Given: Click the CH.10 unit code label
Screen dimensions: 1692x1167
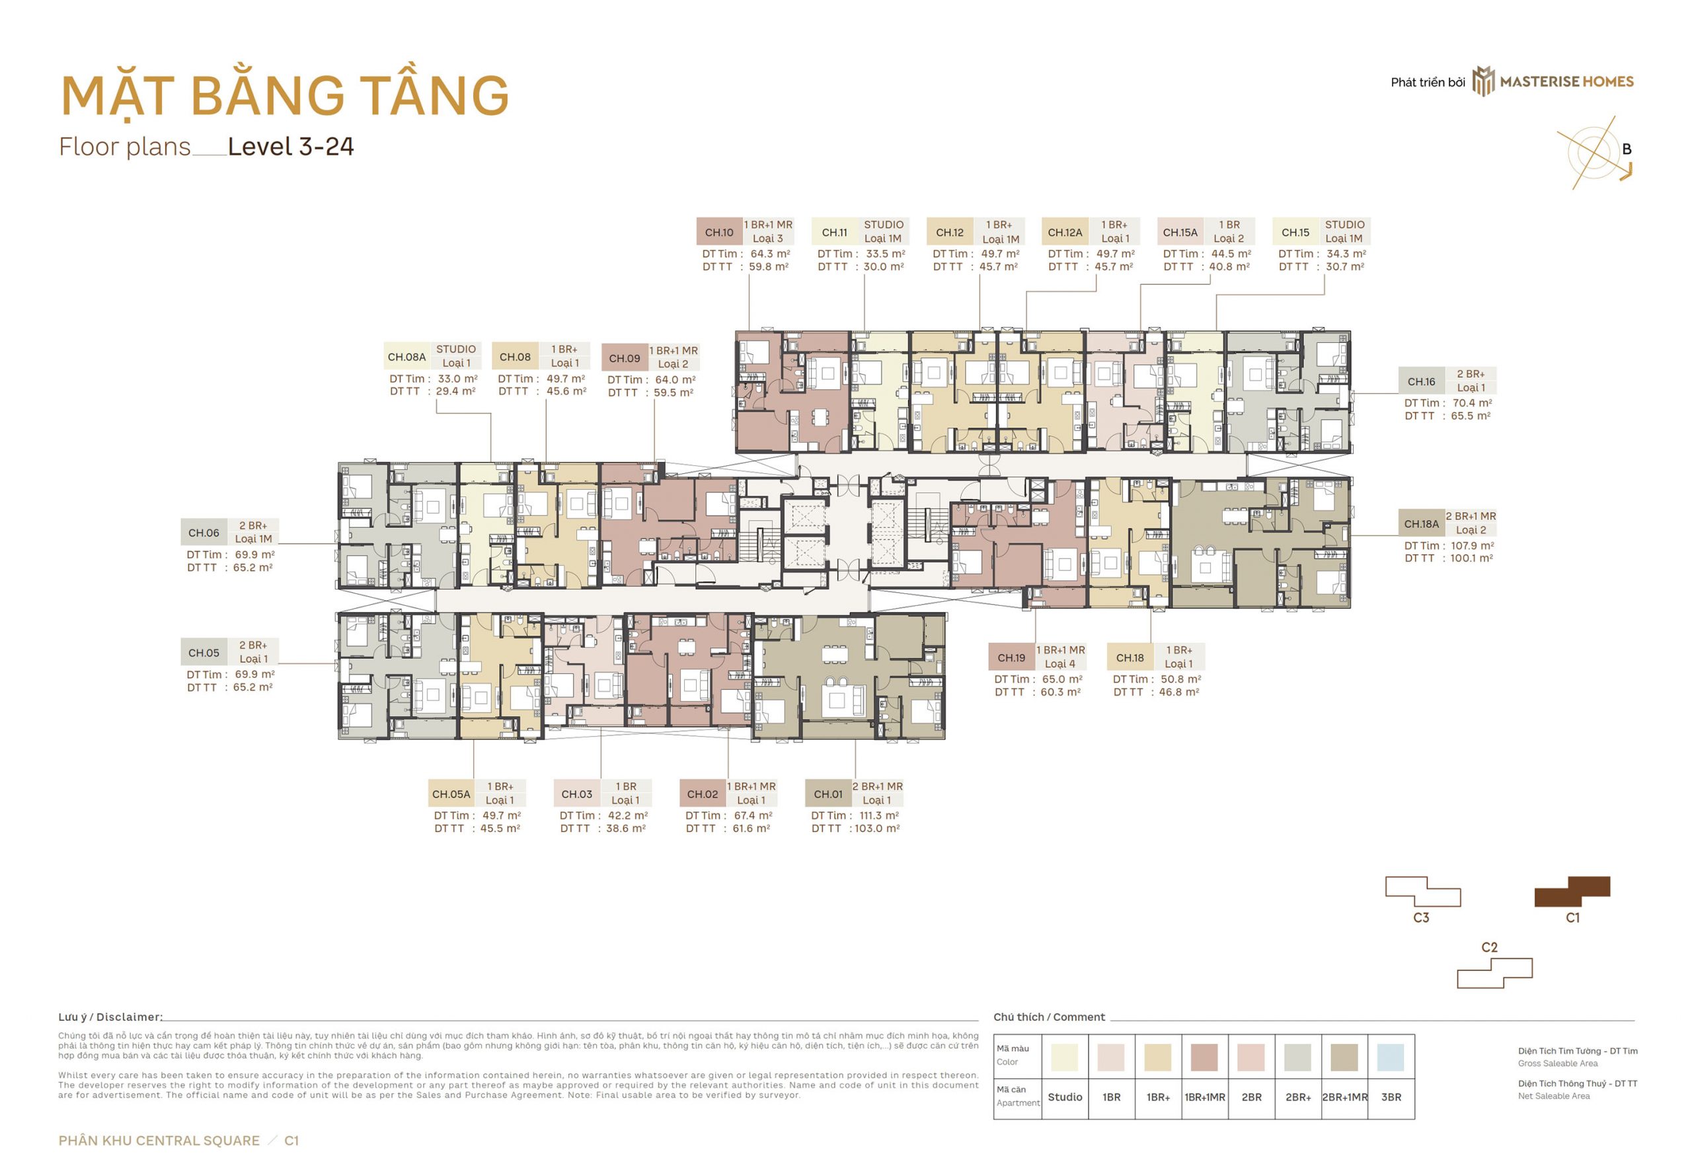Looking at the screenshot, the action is (x=719, y=233).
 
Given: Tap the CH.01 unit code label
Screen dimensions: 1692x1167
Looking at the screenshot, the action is (x=827, y=794).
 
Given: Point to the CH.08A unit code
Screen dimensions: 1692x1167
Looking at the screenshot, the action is (x=406, y=357).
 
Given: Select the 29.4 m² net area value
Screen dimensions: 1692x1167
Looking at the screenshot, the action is (x=455, y=391).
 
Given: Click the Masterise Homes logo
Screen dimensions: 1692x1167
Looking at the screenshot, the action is (x=1552, y=81).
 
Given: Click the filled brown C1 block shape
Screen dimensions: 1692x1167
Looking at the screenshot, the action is (x=1572, y=891).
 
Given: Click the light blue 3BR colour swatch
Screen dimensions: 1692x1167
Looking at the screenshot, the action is (x=1390, y=1057).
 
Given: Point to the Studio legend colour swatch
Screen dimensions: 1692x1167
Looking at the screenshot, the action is (x=1064, y=1057).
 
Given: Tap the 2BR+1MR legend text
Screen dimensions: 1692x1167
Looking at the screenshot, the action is (x=1345, y=1097).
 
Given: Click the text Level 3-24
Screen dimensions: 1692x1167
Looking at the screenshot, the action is (x=290, y=146).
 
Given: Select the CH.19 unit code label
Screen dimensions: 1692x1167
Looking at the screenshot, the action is (x=1011, y=658).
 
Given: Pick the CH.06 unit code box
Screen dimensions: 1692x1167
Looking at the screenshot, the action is (x=204, y=533).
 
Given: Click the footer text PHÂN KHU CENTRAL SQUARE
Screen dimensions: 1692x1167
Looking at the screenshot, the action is (x=159, y=1141).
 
